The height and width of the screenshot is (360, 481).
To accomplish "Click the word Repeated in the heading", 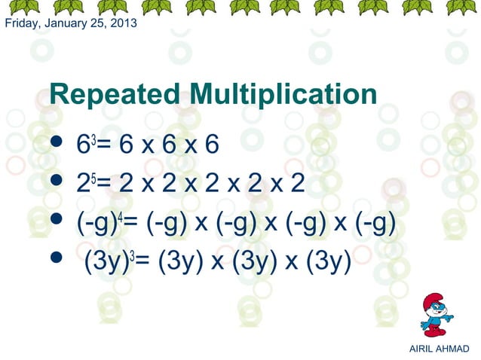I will click(114, 96).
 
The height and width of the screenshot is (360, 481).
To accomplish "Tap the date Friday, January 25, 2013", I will click(71, 23).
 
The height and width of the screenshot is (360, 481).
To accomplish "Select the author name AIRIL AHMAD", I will click(438, 348).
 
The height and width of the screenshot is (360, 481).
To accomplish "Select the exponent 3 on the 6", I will click(92, 137).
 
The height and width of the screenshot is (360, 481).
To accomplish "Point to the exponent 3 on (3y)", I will click(132, 257).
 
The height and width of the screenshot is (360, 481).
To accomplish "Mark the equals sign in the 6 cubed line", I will click(103, 144).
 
